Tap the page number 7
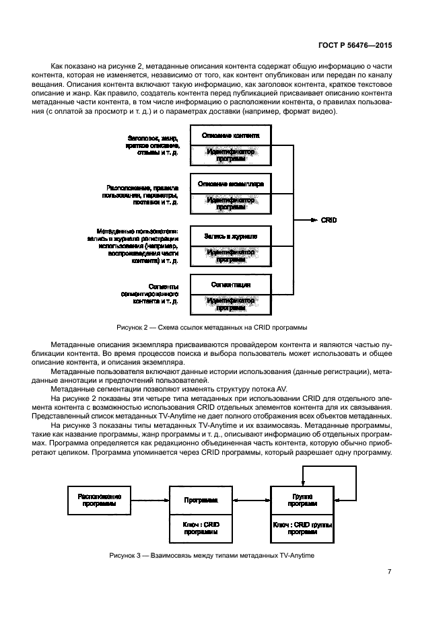coord(390,572)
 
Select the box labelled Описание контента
coord(231,135)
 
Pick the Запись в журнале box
coord(231,236)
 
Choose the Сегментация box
coord(231,285)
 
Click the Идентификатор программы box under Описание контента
coord(231,156)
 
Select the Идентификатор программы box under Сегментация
coord(231,304)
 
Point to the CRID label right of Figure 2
coord(329,220)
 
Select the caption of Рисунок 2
coord(212,328)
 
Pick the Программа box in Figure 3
coord(201,501)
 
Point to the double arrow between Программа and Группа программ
coord(252,500)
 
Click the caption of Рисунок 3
coord(212,555)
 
